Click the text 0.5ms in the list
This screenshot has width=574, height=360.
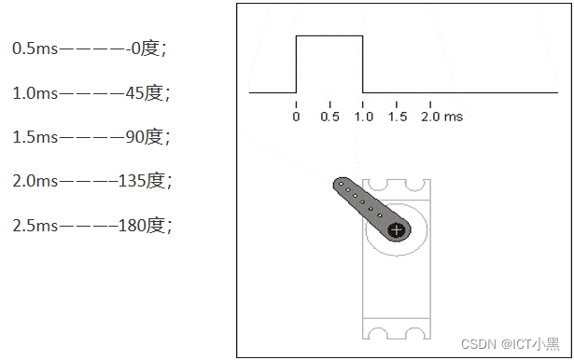(35, 48)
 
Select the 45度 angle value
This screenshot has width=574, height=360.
(145, 93)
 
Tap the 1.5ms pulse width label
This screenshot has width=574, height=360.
(35, 137)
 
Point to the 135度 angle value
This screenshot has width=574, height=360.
(141, 181)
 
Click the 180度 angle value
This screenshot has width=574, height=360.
(141, 226)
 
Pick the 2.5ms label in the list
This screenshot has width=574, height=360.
(35, 226)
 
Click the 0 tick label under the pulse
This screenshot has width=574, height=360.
(296, 117)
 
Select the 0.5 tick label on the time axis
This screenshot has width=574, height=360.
(329, 117)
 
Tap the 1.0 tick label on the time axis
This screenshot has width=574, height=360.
(363, 117)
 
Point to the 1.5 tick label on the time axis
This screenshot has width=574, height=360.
(398, 117)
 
